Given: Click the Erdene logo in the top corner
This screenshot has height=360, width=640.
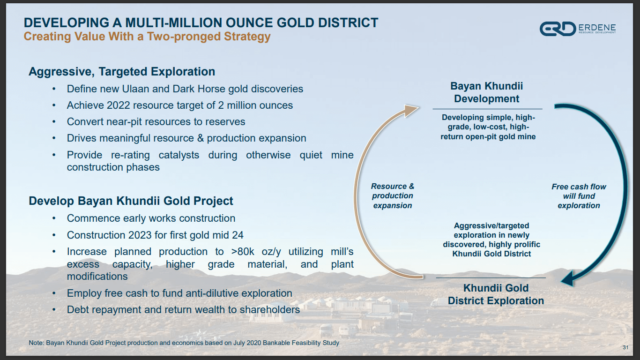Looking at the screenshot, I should point(577,29).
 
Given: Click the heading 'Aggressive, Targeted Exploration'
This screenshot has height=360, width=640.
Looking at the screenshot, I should point(122,72).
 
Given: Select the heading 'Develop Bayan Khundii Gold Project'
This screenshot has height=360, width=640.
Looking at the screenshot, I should point(131,201).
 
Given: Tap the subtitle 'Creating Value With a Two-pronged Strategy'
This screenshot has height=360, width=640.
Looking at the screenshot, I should point(147,37).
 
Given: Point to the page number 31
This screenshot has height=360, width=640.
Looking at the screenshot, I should point(625,347).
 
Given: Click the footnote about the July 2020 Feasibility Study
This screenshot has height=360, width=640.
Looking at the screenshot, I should point(184,343).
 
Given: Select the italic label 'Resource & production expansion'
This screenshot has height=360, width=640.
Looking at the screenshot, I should point(393,196).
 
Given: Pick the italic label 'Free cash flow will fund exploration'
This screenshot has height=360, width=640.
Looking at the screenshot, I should point(579,196).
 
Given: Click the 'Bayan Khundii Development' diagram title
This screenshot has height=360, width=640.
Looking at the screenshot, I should point(486,92).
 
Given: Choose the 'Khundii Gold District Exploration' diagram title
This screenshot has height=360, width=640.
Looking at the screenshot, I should point(496,294).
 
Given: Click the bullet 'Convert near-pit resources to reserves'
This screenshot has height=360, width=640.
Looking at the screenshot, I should point(156,122).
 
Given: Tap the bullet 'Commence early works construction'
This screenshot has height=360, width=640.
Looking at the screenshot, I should point(151,218).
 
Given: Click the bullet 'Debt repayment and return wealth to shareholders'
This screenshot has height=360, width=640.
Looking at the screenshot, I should point(183,310).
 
